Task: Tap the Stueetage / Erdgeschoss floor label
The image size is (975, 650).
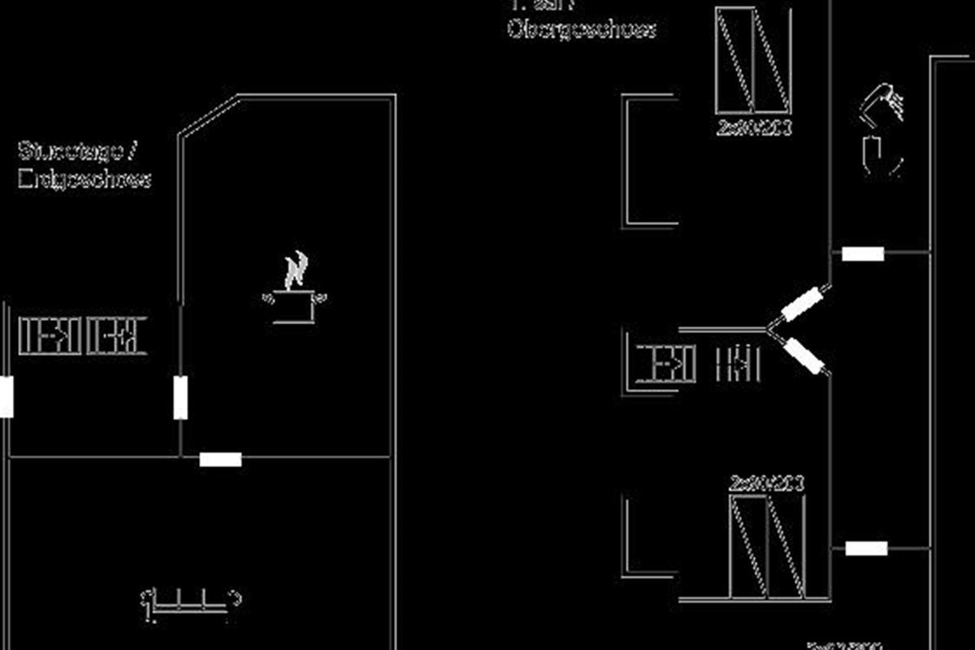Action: (84, 165)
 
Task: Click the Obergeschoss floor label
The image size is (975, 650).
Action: (582, 28)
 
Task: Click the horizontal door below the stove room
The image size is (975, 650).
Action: (220, 460)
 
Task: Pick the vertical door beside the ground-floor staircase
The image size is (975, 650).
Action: (180, 397)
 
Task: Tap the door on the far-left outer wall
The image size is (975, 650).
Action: (6, 397)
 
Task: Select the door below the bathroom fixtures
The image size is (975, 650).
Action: (863, 254)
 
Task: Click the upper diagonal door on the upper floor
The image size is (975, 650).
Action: (805, 304)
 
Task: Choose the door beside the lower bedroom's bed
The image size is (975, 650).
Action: (866, 548)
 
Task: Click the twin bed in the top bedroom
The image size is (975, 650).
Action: (753, 60)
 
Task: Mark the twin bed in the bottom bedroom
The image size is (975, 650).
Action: (768, 546)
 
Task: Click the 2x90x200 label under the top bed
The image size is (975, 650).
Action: (755, 128)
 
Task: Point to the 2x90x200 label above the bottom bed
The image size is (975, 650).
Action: (767, 484)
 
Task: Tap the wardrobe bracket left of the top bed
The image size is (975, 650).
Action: (648, 160)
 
